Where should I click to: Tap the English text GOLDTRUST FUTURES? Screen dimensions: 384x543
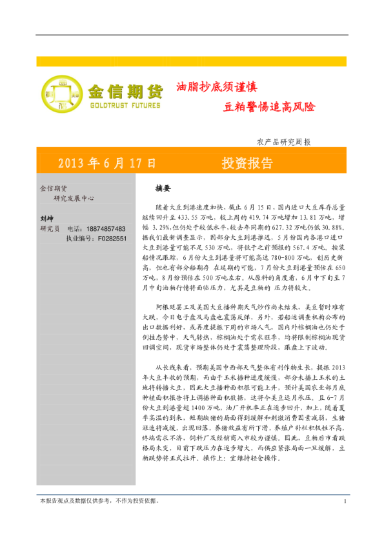click(x=125, y=104)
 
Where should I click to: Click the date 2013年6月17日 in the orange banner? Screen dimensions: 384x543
click(x=107, y=163)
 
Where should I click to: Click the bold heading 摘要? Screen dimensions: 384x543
click(x=163, y=190)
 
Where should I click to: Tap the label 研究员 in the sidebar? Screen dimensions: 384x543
click(x=50, y=228)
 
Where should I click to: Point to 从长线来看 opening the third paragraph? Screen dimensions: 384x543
click(x=175, y=367)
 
